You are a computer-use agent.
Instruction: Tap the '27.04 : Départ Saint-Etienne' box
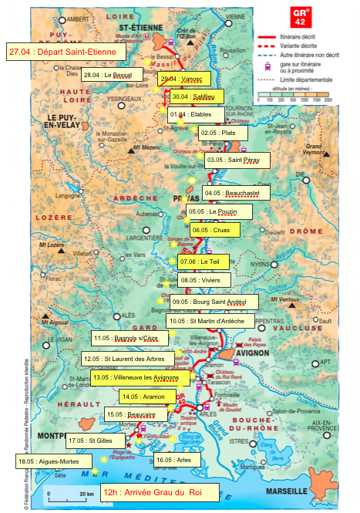pyautogui.click(x=65, y=52)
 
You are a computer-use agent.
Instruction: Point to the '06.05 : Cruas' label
pyautogui.click(x=215, y=230)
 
